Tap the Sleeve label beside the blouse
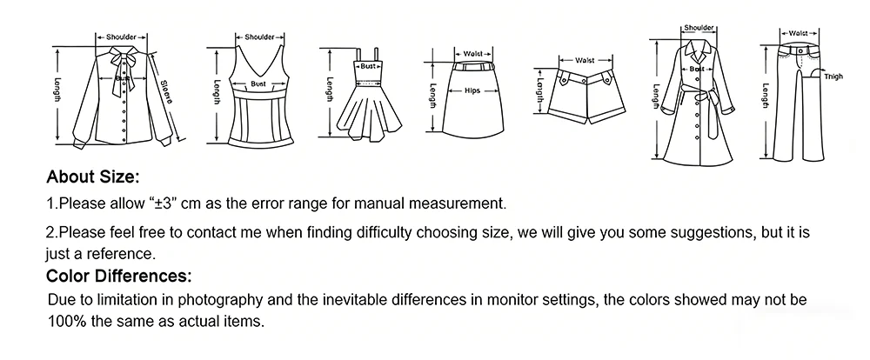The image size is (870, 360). click(x=166, y=92)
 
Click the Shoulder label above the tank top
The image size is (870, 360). click(x=259, y=37)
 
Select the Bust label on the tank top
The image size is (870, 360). click(x=258, y=83)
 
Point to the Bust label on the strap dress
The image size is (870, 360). click(x=368, y=66)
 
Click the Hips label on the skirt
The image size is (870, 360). click(x=472, y=90)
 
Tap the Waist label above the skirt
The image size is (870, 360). click(x=472, y=54)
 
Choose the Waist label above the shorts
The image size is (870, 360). click(x=585, y=60)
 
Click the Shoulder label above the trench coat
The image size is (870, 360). click(x=699, y=28)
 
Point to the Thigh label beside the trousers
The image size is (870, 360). click(x=833, y=77)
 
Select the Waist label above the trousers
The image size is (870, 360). click(x=799, y=33)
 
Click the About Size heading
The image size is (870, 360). click(x=93, y=177)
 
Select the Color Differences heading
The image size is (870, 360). click(x=118, y=276)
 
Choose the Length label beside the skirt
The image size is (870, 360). click(x=432, y=96)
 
